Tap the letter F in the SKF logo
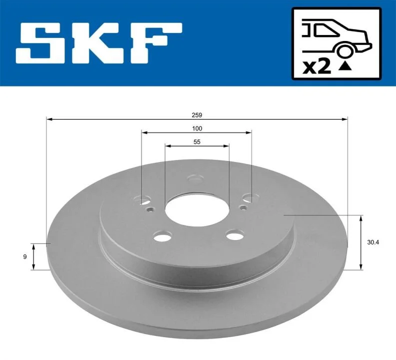[156, 43]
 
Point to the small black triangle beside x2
[345, 66]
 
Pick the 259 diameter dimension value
[197, 115]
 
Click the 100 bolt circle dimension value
[197, 128]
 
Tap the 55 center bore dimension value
[197, 142]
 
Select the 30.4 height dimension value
[373, 242]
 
